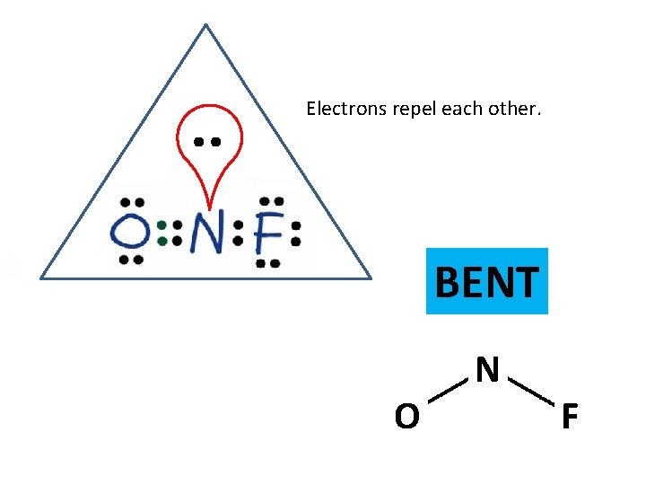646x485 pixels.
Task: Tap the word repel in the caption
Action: pyautogui.click(x=411, y=110)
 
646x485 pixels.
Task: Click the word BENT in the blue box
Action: pyautogui.click(x=486, y=282)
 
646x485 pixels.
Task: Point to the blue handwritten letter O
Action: pyautogui.click(x=131, y=234)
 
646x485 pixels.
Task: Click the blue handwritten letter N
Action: pyautogui.click(x=206, y=234)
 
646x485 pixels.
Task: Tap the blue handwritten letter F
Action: pyautogui.click(x=267, y=234)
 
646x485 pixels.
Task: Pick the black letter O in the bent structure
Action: pyautogui.click(x=406, y=417)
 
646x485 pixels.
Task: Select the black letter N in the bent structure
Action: pyautogui.click(x=487, y=369)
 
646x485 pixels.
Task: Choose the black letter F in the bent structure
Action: pyautogui.click(x=569, y=418)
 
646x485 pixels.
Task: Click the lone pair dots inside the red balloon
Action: pyautogui.click(x=207, y=142)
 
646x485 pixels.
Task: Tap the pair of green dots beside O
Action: pyautogui.click(x=162, y=234)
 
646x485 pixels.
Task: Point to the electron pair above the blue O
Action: pyautogui.click(x=132, y=203)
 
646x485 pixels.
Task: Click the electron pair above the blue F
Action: pyautogui.click(x=271, y=202)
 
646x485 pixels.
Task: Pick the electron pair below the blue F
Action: pyautogui.click(x=267, y=264)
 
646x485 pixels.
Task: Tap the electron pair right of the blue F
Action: pyautogui.click(x=295, y=234)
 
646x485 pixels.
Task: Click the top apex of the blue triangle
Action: pyautogui.click(x=205, y=24)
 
